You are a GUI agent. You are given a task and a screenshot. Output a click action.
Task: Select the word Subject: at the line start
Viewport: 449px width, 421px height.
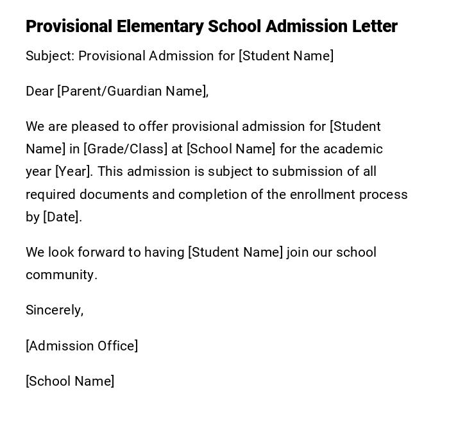point(50,56)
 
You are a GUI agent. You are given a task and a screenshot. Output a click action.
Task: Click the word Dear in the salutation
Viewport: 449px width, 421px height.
point(40,91)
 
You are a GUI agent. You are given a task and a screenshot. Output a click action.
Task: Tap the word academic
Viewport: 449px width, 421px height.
point(353,149)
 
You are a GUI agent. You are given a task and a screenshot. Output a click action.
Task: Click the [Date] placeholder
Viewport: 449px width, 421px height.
point(62,217)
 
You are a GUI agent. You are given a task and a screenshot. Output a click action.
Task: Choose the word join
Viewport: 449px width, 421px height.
point(298,252)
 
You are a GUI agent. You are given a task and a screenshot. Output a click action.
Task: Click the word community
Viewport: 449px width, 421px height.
point(61,275)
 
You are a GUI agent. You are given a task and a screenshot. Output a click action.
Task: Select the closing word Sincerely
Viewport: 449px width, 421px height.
point(54,310)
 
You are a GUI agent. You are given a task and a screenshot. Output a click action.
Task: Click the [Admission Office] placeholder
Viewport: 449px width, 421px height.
point(81,346)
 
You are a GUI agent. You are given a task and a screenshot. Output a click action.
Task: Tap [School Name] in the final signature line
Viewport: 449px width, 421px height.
point(70,381)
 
